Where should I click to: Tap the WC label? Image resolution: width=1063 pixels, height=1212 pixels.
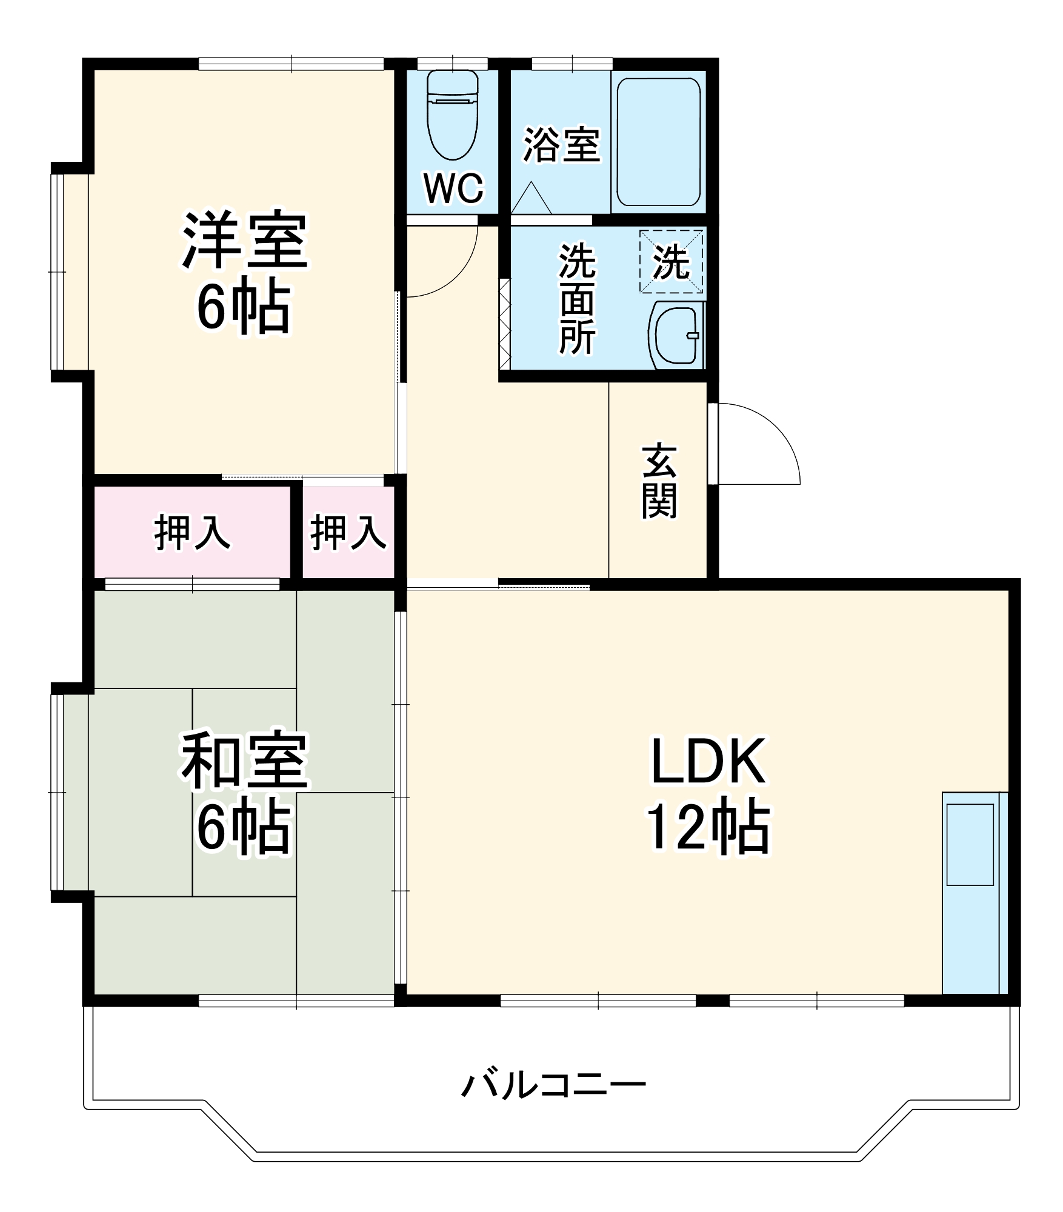(x=454, y=188)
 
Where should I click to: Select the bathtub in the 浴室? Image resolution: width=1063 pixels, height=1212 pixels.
(x=659, y=142)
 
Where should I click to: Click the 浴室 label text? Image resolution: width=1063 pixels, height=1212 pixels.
(x=561, y=145)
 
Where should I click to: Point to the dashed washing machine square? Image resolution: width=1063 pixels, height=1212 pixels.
(x=671, y=262)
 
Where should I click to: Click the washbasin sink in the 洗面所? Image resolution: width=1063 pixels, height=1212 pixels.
(x=676, y=335)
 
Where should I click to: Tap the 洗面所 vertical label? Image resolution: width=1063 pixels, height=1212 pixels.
(x=576, y=298)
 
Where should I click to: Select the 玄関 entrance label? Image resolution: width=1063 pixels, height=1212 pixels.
(x=659, y=481)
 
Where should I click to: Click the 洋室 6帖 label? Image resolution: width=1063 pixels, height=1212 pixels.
(x=245, y=273)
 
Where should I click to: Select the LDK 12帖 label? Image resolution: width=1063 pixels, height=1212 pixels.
(x=708, y=794)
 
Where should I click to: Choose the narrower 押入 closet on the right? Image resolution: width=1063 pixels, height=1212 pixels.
(x=348, y=533)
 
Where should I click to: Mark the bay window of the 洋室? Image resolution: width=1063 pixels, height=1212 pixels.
(x=70, y=271)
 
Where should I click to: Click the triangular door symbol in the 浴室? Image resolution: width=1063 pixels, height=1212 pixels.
(x=531, y=199)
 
